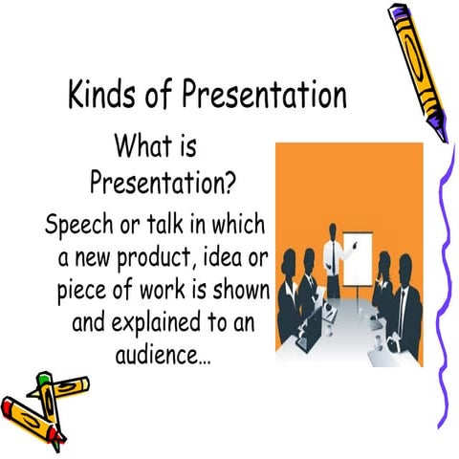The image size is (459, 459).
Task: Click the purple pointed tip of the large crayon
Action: click(x=437, y=121)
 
